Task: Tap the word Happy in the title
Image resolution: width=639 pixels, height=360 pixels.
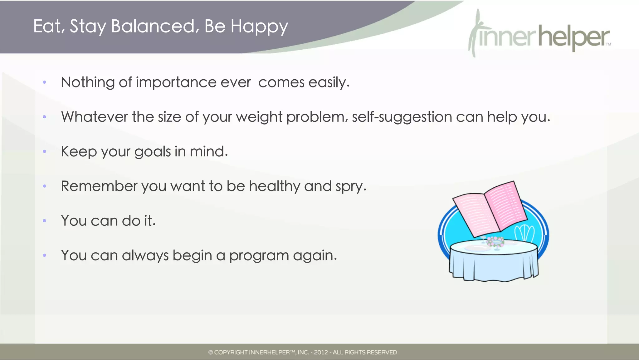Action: coord(259,27)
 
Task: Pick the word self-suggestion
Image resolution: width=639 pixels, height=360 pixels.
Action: coord(402,117)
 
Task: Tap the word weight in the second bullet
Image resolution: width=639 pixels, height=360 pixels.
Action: coord(259,117)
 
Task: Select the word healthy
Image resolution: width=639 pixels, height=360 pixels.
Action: coord(274,186)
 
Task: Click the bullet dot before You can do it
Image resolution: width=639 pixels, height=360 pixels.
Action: coord(45,221)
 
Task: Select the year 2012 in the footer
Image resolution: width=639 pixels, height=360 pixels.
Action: coord(321,353)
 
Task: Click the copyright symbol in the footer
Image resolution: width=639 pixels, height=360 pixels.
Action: coord(211,353)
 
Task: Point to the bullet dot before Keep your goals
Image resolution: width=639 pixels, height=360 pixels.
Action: coord(45,152)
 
